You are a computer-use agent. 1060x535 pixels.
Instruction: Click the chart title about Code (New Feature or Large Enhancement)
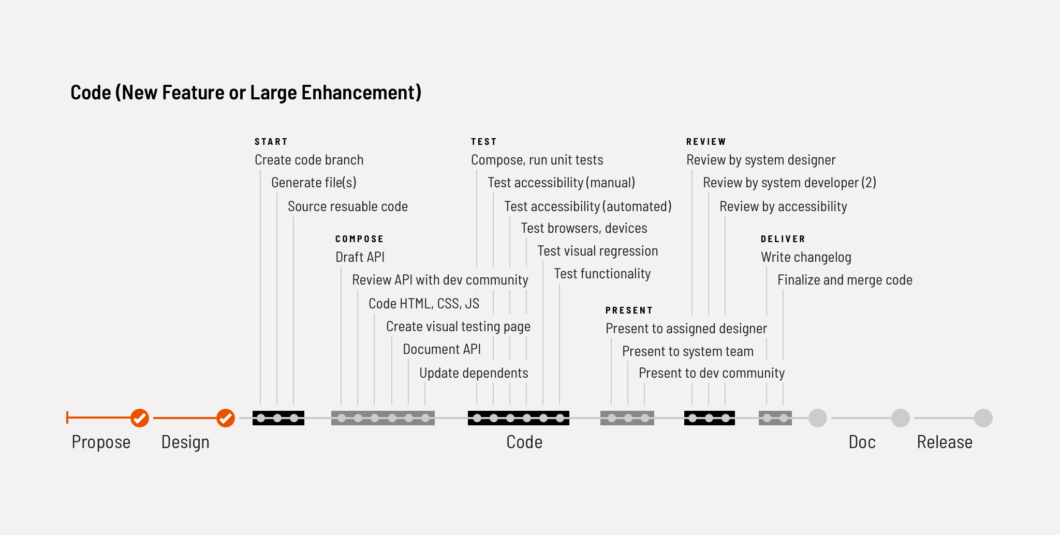click(x=246, y=93)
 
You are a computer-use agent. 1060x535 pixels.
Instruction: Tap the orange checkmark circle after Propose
click(x=140, y=418)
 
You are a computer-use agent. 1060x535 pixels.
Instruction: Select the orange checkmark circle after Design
click(x=226, y=418)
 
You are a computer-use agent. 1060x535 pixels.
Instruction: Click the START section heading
click(x=271, y=142)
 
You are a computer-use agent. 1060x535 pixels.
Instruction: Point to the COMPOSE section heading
click(x=360, y=239)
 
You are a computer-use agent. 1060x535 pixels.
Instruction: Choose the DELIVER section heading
click(x=783, y=239)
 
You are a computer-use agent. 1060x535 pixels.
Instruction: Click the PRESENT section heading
click(x=629, y=310)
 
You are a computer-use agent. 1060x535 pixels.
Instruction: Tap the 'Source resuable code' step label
click(x=348, y=206)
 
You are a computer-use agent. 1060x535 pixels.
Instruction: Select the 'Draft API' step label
click(x=360, y=257)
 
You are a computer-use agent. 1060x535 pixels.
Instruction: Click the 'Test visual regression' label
click(x=598, y=251)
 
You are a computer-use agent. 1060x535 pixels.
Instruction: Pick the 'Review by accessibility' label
click(x=783, y=206)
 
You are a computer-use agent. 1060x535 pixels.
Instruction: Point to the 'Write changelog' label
click(x=806, y=257)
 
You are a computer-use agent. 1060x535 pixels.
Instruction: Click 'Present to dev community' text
click(x=712, y=373)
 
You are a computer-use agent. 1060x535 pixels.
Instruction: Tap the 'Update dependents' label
click(x=474, y=373)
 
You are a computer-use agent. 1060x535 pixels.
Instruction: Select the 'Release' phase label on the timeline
click(x=945, y=442)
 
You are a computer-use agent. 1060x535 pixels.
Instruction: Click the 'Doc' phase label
click(x=862, y=442)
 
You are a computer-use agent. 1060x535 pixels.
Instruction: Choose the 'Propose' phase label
click(x=101, y=442)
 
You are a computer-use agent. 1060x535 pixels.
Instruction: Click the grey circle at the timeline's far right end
click(x=983, y=418)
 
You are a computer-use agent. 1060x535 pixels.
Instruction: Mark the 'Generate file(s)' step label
click(x=314, y=183)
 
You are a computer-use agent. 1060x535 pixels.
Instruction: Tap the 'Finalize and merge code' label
click(x=845, y=280)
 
